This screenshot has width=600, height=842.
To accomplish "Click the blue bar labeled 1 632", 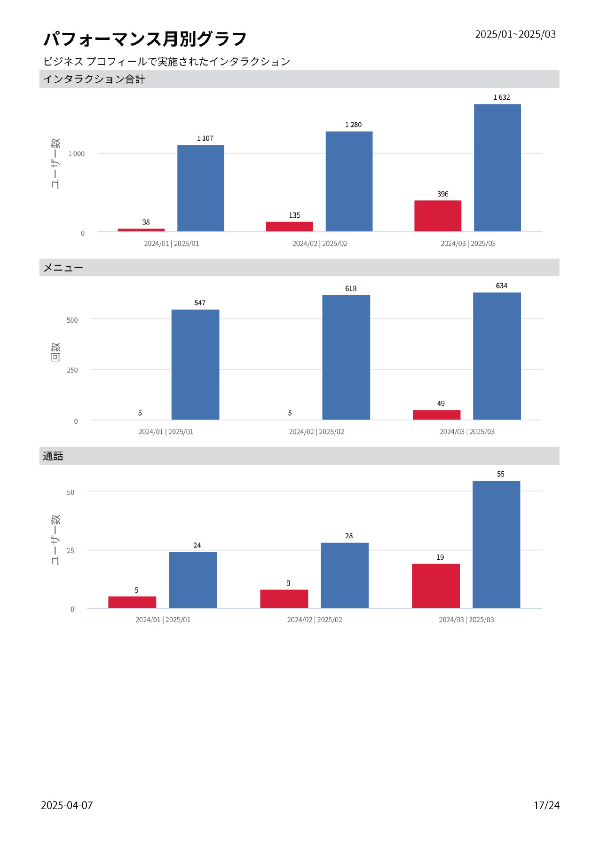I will point(497,167).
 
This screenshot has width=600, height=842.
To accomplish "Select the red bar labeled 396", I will point(437,216).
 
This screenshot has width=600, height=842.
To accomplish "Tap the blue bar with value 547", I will point(195,365).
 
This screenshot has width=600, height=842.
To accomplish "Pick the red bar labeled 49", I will point(436,414).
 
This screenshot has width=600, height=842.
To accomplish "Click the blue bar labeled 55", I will point(496,544).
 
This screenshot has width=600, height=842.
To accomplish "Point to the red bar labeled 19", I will point(435,586).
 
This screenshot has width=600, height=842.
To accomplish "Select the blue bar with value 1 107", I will point(200,188).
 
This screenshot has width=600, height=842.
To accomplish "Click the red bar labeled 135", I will point(289,226).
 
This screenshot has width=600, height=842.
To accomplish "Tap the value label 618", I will point(351,288).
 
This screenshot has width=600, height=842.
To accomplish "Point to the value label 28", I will point(349,536).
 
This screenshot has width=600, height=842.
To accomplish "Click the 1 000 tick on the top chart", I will point(77,154).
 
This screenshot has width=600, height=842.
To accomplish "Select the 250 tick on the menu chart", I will point(72,370).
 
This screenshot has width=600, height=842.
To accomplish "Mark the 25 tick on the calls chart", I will point(71,550).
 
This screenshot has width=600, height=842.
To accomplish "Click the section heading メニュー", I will point(63,268).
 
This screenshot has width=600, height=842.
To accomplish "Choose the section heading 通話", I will point(53,456).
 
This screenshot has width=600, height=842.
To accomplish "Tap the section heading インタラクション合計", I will point(94,79).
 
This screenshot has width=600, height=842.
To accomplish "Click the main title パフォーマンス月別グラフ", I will point(145,39).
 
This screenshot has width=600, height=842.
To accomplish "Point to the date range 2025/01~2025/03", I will point(515,34).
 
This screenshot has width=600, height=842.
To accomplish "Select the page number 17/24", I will point(546,805).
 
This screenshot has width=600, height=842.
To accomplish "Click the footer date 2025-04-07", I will point(67,805).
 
